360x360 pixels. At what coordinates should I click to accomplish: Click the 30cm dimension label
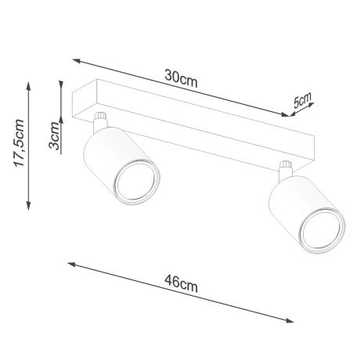[182, 77]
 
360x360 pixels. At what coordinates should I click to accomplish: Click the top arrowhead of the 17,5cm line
[27, 81]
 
